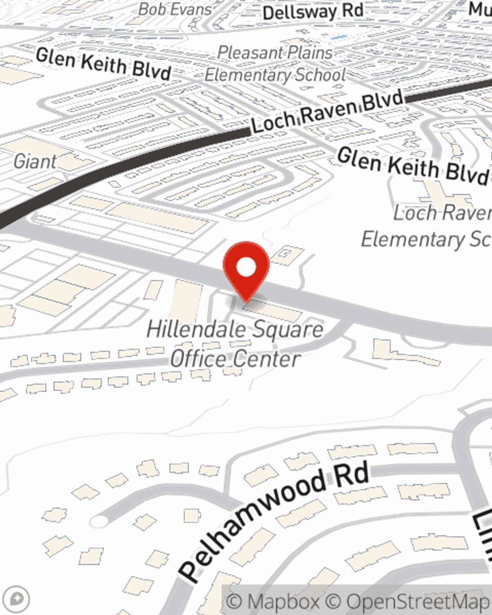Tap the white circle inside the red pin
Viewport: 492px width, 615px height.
tap(246, 268)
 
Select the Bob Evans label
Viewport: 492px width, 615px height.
tap(175, 9)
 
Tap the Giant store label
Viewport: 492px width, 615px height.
tap(35, 161)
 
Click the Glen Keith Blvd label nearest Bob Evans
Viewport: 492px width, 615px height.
tap(103, 63)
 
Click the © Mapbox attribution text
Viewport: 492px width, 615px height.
tap(274, 601)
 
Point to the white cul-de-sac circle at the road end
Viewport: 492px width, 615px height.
tap(99, 522)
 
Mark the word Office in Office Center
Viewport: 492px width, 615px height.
tap(199, 359)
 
